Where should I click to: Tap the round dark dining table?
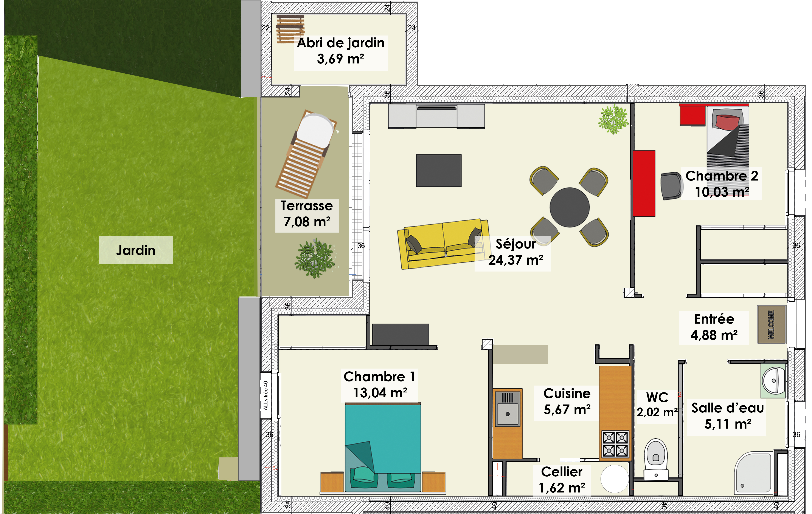coord(570,207)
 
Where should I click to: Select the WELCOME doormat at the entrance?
coord(772,325)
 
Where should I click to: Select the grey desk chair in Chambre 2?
coord(671,186)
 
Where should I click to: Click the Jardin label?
coord(136,250)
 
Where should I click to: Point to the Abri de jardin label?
coord(341,43)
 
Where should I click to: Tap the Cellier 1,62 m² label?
coord(562,480)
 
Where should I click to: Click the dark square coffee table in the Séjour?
coord(439,170)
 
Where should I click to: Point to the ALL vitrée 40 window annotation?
coord(266,395)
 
